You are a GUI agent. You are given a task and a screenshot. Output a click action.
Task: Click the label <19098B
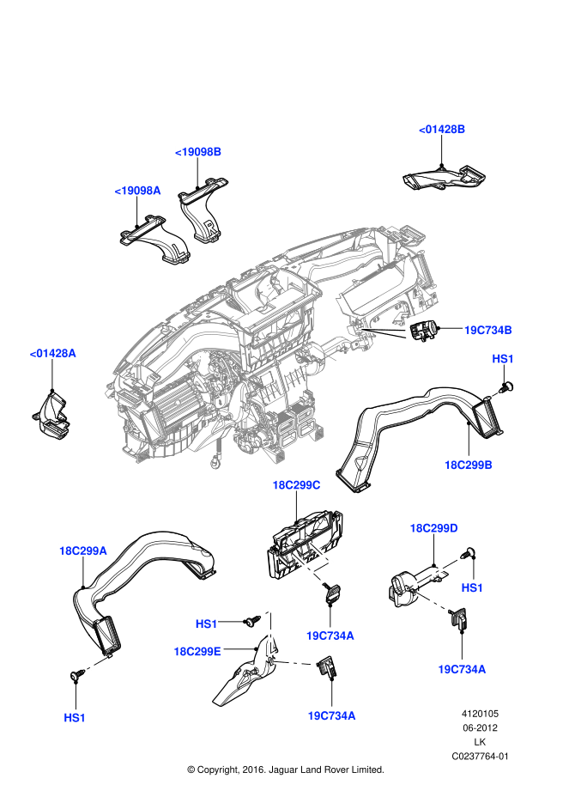point(198,152)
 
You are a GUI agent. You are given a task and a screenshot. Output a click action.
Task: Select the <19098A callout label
point(137,191)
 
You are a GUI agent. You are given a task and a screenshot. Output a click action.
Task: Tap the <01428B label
point(442,130)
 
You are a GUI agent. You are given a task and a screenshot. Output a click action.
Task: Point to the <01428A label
point(52,353)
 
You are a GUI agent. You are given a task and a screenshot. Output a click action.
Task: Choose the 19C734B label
point(488,330)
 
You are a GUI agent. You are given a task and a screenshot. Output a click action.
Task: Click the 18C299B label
point(468,465)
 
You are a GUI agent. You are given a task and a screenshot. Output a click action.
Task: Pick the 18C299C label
point(296,485)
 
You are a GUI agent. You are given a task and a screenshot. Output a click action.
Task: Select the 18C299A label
point(82,551)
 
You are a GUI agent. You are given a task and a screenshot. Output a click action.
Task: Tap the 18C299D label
point(434,528)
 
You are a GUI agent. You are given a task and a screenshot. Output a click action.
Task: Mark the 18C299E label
point(197,652)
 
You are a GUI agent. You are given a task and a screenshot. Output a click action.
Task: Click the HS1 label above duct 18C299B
point(502,358)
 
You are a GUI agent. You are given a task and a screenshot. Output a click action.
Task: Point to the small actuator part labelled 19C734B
point(425,329)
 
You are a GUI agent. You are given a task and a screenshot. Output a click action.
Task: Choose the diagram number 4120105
point(480,713)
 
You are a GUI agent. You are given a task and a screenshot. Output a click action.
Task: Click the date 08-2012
point(480,727)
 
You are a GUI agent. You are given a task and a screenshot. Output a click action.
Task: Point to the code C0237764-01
point(480,757)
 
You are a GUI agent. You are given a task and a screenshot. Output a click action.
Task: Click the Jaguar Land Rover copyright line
point(285,770)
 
